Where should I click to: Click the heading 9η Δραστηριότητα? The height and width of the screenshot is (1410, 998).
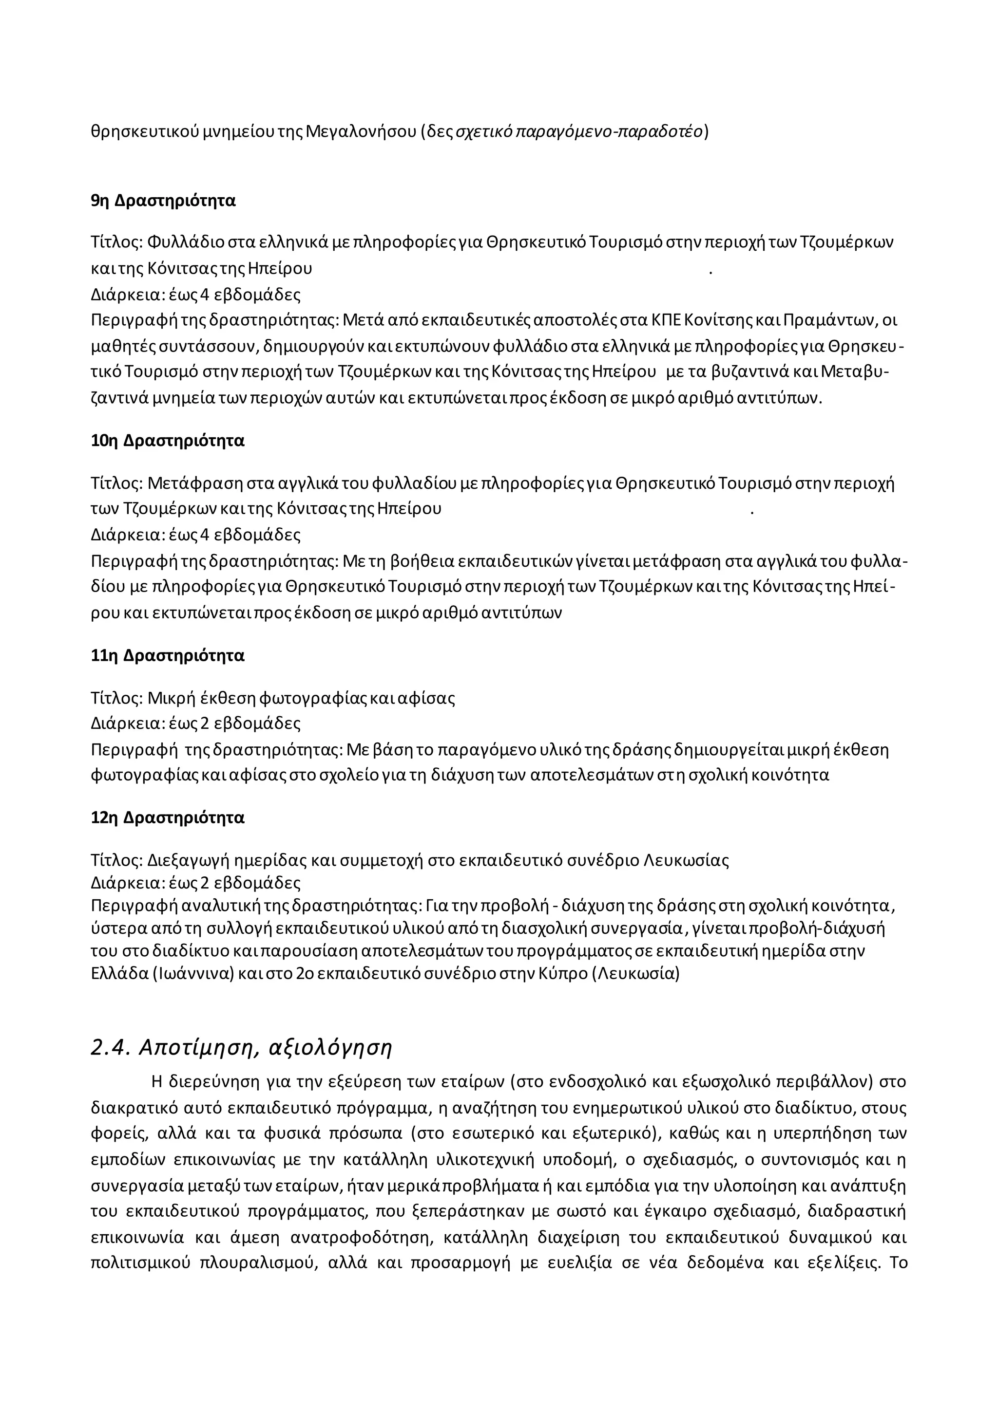[x=163, y=201]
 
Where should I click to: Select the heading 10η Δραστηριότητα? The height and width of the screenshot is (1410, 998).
[x=167, y=441]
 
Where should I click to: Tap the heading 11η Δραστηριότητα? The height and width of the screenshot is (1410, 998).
[x=167, y=656]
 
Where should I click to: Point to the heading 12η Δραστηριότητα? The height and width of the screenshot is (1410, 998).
[x=167, y=818]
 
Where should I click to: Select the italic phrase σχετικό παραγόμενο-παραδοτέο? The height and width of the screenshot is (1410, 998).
[x=578, y=131]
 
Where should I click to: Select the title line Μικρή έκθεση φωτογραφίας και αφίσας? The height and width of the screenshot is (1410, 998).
[x=301, y=698]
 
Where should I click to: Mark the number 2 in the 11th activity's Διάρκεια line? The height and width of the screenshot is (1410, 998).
[x=205, y=724]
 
